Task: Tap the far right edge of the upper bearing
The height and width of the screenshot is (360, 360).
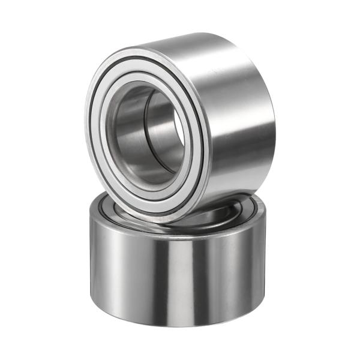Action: (273, 120)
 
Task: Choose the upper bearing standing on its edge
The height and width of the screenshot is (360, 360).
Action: (180, 120)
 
